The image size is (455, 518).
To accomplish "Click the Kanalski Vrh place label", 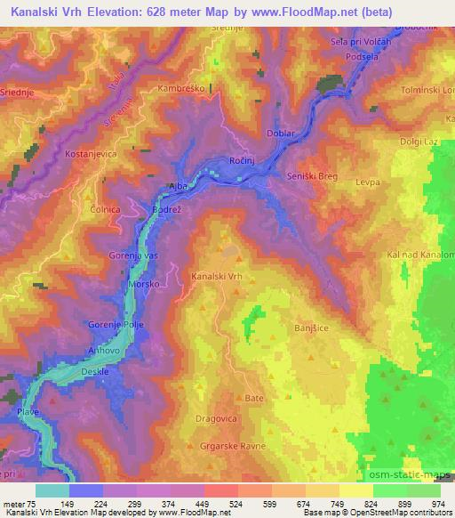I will pos(217,277).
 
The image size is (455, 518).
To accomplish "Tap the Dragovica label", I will pos(218,417).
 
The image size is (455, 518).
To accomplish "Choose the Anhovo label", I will pos(97,352).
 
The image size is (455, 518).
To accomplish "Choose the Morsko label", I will pos(144,285).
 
